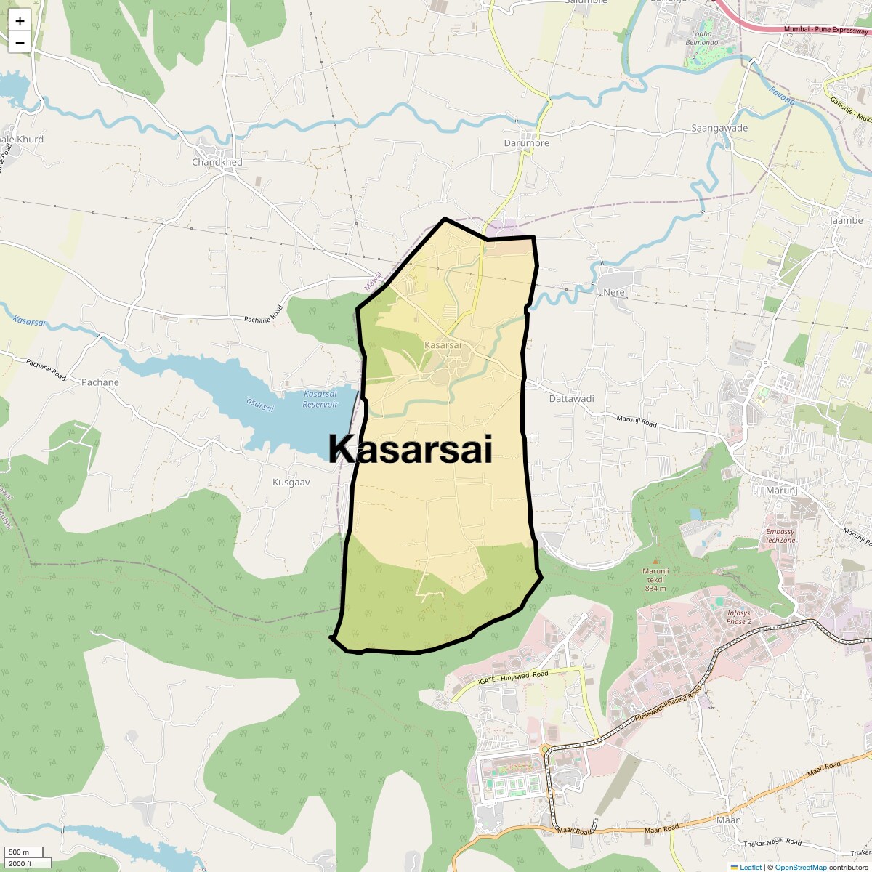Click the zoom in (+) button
[20, 21]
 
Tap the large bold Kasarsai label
[411, 449]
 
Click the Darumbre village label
[526, 143]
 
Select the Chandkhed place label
[217, 162]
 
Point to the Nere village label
[614, 292]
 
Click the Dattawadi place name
[571, 398]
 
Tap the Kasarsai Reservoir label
[320, 399]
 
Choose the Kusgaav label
[291, 482]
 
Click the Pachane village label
[100, 382]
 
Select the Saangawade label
[719, 128]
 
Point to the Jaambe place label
[846, 220]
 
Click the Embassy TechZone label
[780, 536]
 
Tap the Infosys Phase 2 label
[738, 617]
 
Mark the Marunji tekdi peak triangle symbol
[655, 561]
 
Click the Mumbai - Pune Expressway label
[825, 30]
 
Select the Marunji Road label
[637, 421]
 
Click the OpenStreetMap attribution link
[800, 867]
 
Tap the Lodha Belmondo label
[701, 38]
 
